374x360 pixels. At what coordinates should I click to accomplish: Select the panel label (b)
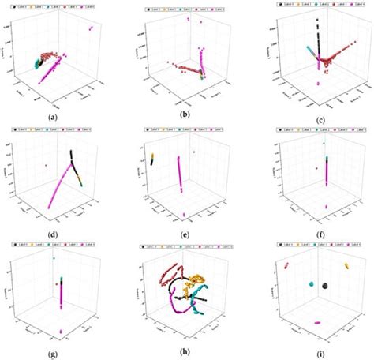pos(187,116)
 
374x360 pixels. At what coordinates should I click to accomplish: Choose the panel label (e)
pos(187,235)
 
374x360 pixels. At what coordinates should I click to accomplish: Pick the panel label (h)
pos(187,354)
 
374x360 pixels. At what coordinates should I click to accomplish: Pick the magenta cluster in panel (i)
pos(317,322)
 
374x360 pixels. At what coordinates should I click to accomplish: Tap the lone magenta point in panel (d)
pos(47,165)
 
